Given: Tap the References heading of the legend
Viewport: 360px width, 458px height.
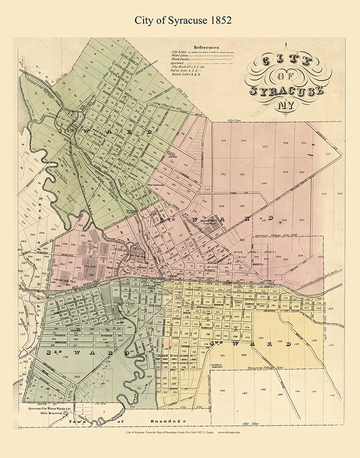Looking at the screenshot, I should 207,47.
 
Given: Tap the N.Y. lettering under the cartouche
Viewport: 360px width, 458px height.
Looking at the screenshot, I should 286,106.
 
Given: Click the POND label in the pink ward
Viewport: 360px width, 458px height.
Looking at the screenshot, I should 173,157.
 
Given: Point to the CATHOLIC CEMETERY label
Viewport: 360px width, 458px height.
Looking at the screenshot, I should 219,366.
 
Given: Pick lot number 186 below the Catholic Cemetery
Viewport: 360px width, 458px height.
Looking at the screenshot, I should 222,390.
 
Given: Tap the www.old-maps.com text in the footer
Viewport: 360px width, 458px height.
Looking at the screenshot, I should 229,433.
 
